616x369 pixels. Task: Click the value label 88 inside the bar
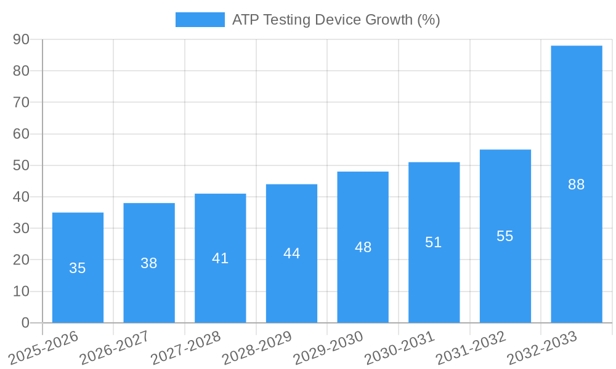tap(576, 184)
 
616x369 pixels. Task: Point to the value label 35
tap(78, 268)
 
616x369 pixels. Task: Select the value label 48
tap(363, 247)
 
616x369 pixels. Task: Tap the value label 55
tap(505, 236)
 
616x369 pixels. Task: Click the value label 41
tap(220, 258)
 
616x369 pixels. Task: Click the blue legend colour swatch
tap(200, 20)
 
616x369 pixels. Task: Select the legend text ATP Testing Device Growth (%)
tap(336, 20)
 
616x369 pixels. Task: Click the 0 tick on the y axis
tap(25, 323)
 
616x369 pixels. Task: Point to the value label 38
tap(148, 263)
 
